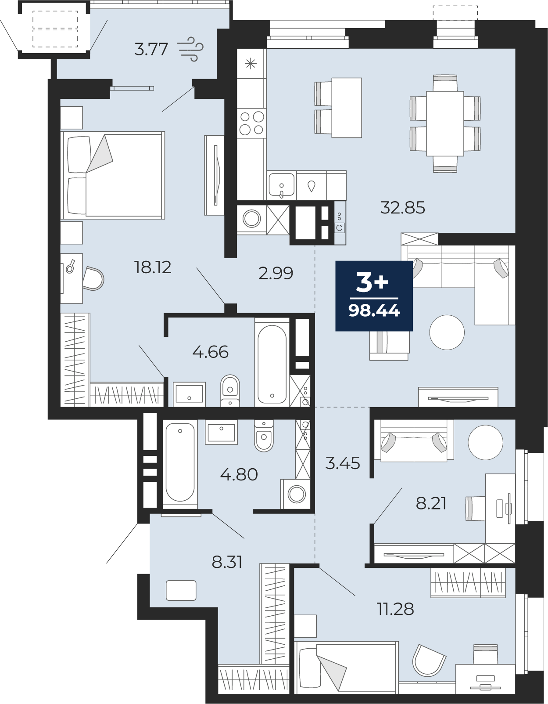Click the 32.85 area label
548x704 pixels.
tap(402, 207)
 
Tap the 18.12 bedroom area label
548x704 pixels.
tap(153, 267)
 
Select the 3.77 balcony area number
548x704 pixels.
tap(151, 50)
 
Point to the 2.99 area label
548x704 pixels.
tap(276, 273)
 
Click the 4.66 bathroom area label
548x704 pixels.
tap(211, 352)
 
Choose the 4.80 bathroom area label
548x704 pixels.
tap(239, 475)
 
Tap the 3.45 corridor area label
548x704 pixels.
tap(343, 463)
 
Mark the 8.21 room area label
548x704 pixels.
tap(431, 503)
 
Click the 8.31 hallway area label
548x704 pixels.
tap(227, 562)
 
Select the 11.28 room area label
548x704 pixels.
tap(395, 609)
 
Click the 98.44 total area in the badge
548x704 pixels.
tap(374, 311)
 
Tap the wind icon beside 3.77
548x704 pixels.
tap(191, 49)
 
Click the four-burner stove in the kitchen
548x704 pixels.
tap(251, 123)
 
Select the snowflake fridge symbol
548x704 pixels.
tap(251, 64)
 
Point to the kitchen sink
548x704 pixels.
tap(282, 185)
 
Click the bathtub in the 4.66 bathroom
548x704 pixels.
tap(272, 364)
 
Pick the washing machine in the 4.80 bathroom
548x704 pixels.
tap(297, 495)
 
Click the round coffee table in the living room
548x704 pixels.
tap(447, 332)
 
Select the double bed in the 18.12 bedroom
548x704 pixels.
tap(113, 175)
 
